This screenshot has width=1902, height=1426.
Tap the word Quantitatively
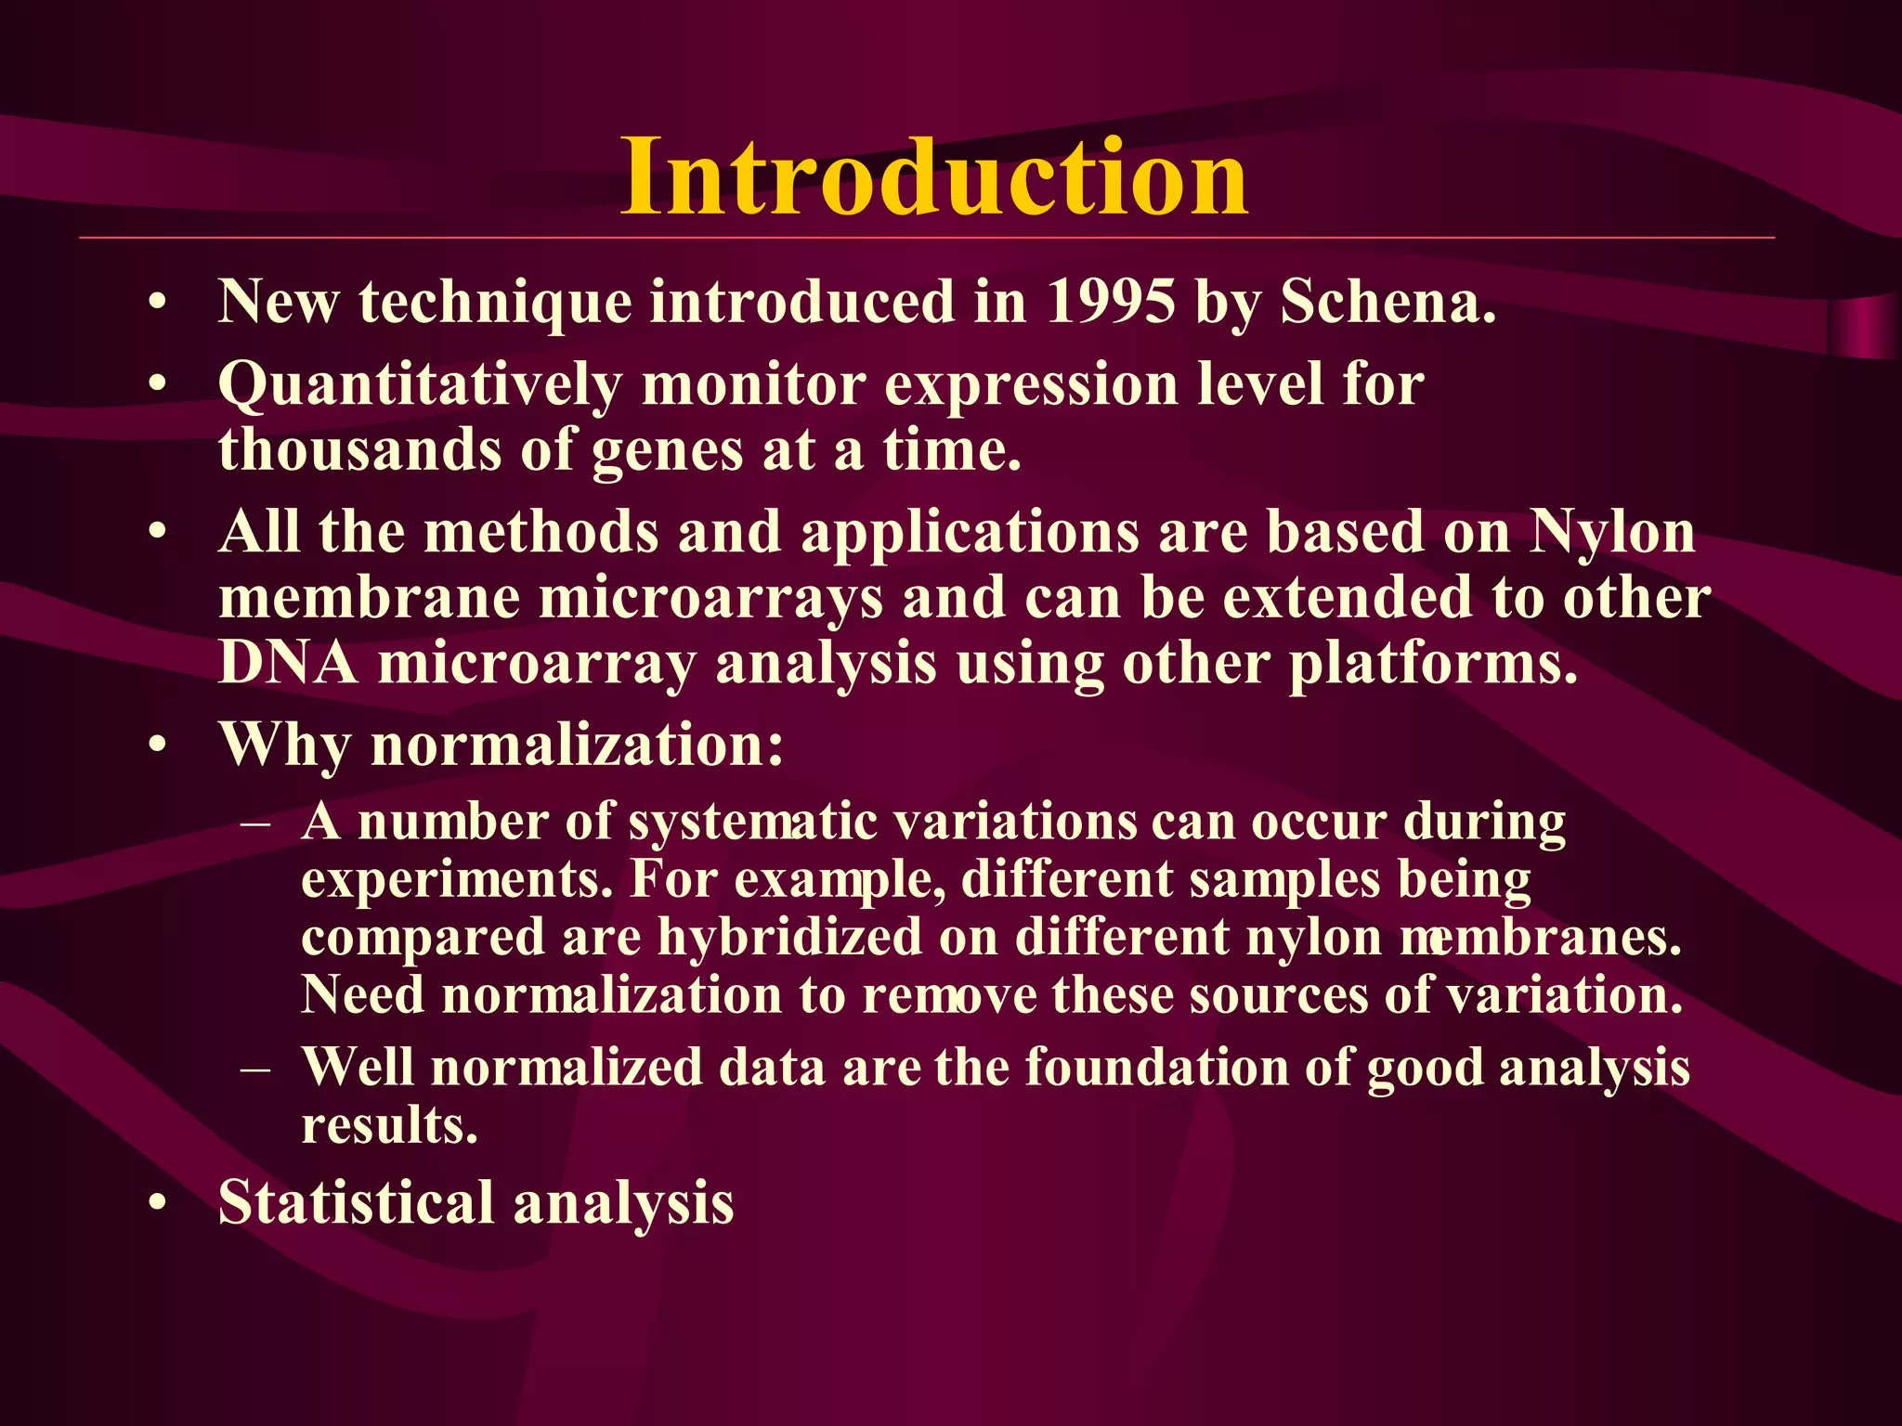(x=420, y=385)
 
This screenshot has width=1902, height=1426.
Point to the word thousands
(x=359, y=450)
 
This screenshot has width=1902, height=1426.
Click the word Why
(x=284, y=745)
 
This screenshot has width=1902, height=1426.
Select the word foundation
(x=1156, y=1067)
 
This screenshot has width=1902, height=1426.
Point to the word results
(x=389, y=1125)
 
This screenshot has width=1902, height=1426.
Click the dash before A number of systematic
(x=255, y=823)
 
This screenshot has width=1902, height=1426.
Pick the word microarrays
(x=710, y=599)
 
